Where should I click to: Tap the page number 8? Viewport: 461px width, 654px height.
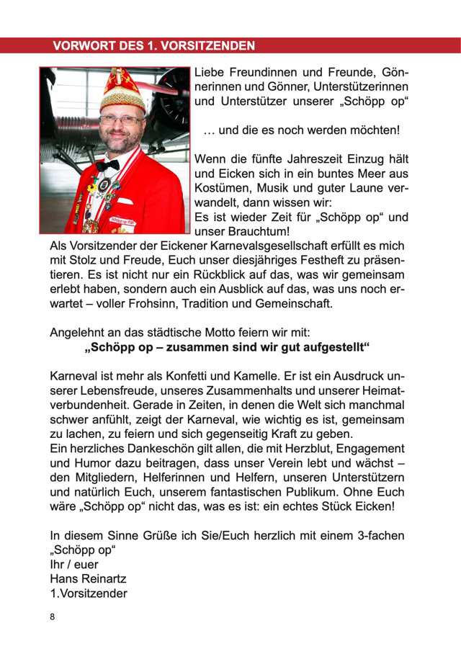point(53,617)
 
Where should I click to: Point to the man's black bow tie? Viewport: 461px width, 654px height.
point(107,166)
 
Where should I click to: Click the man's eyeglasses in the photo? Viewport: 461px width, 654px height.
point(120,119)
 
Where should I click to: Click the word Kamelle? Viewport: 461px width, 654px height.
point(257,377)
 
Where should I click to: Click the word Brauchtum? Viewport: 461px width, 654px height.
point(256,232)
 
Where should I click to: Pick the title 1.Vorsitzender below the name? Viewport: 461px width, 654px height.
point(89,593)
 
